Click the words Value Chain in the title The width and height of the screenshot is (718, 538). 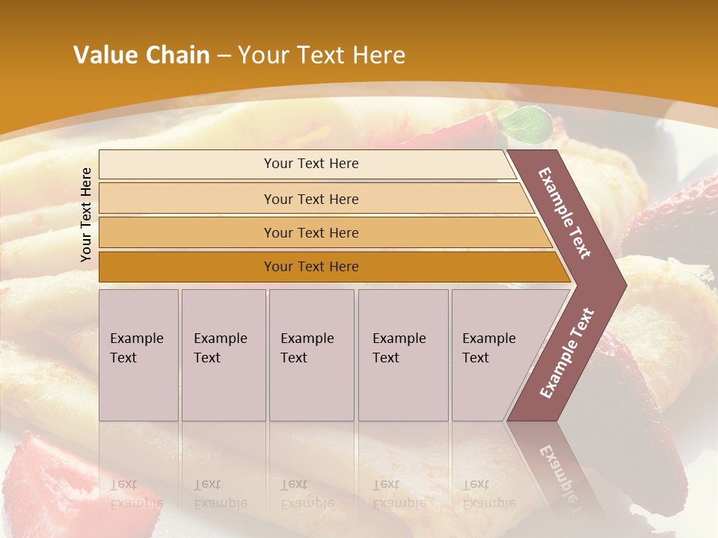point(141,55)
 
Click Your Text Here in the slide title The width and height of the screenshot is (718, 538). point(322,55)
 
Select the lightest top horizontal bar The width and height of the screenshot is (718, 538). point(310,164)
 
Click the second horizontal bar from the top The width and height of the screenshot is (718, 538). point(310,199)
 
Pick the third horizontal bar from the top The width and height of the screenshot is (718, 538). point(310,232)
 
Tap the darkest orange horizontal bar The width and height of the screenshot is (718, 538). point(310,267)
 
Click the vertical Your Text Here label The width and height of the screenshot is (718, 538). point(86,214)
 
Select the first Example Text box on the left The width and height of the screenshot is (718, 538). point(138,354)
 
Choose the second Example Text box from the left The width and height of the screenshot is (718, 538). point(223,354)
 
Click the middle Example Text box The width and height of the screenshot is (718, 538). point(310,354)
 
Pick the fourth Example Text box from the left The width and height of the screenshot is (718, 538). point(402,354)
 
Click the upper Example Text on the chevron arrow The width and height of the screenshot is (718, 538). point(565,213)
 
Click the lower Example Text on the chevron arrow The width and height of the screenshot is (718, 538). point(567,353)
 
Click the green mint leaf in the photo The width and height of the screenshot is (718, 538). point(528,121)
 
